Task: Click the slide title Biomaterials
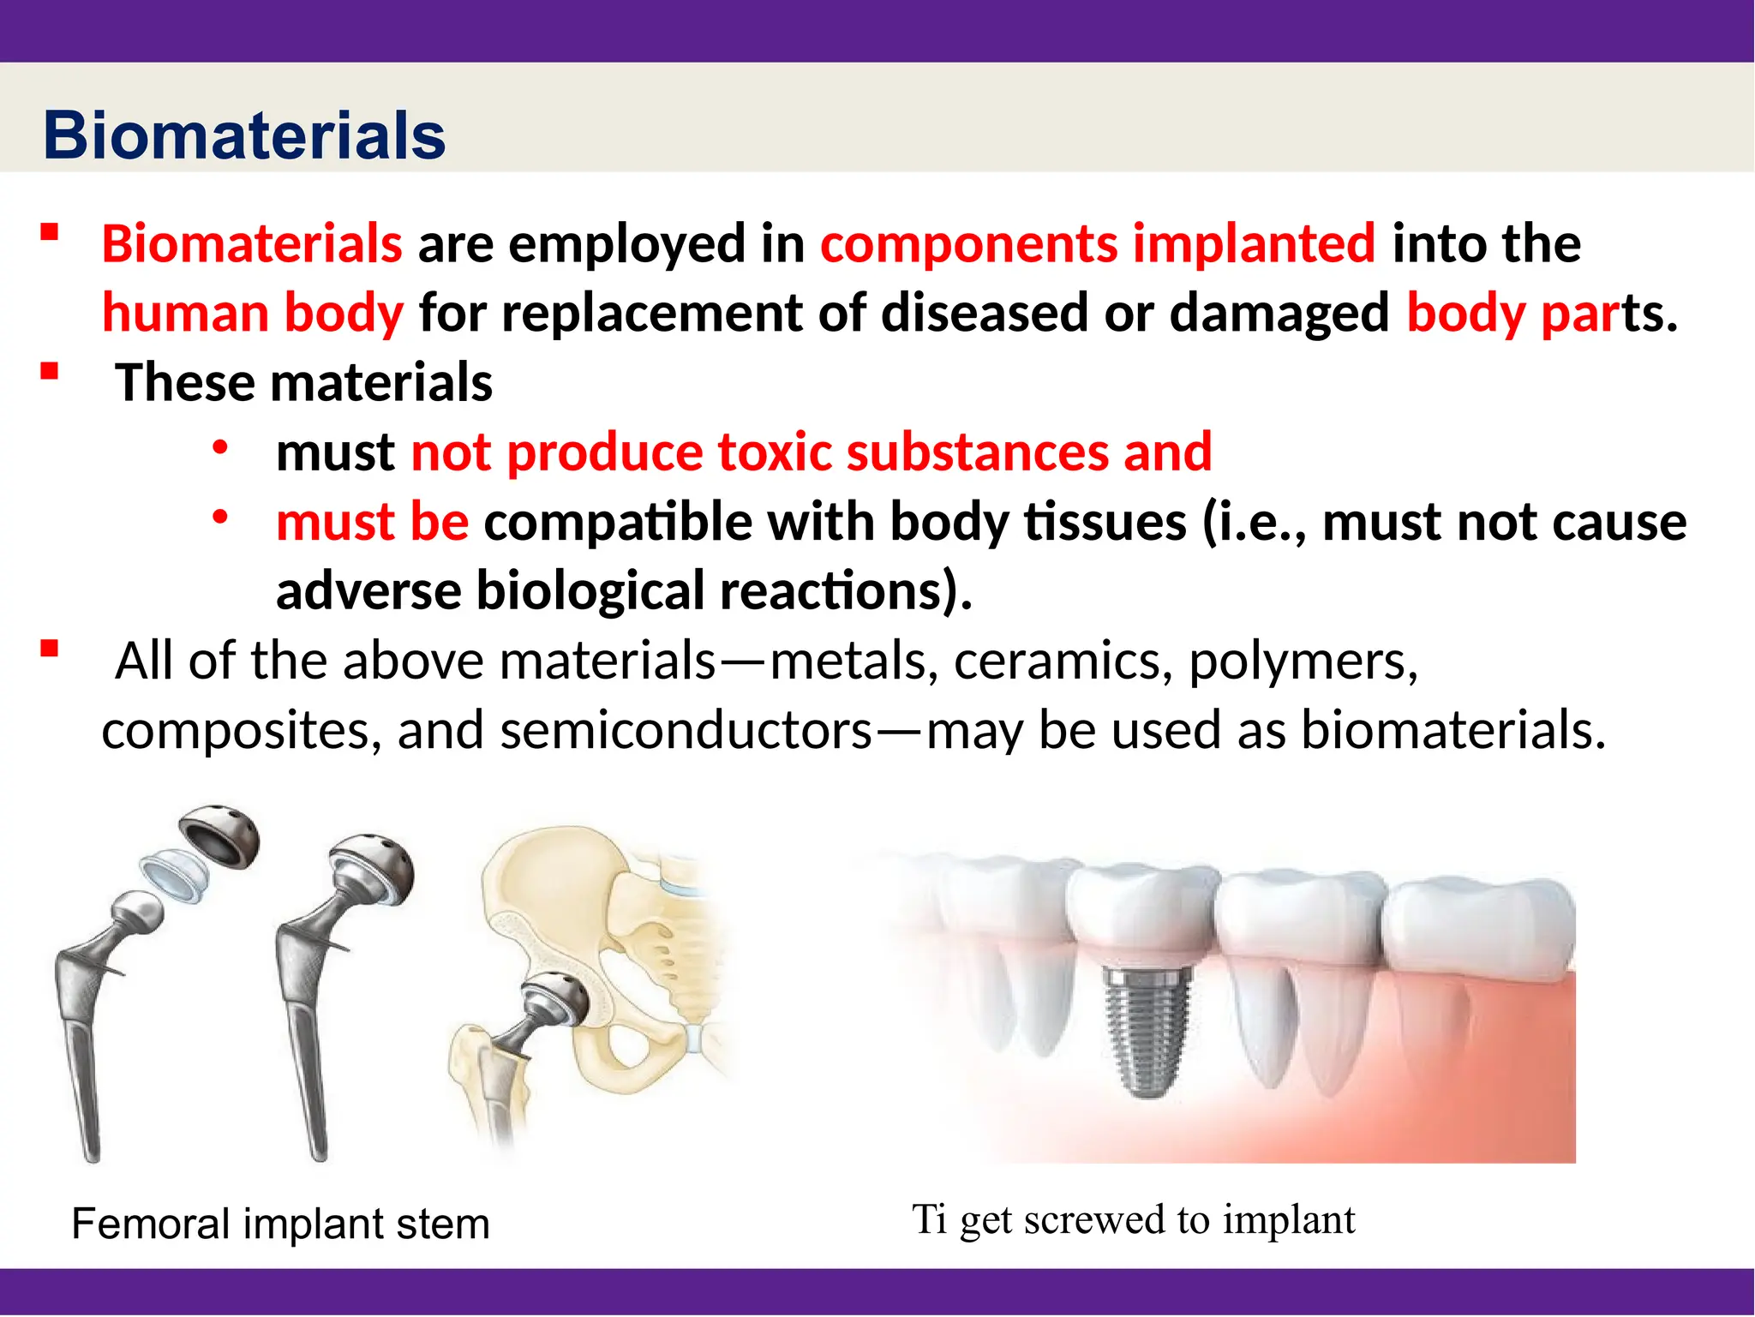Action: (x=244, y=135)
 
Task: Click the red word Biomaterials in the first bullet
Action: (x=252, y=244)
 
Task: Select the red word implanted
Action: (x=1254, y=244)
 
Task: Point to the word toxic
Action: (x=775, y=452)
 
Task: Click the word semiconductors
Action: (x=686, y=731)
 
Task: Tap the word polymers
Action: (x=1303, y=661)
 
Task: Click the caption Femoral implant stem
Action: (x=280, y=1223)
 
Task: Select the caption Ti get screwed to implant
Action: (x=1133, y=1219)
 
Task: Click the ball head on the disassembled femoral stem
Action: (x=138, y=912)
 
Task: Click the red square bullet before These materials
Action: (x=49, y=371)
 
